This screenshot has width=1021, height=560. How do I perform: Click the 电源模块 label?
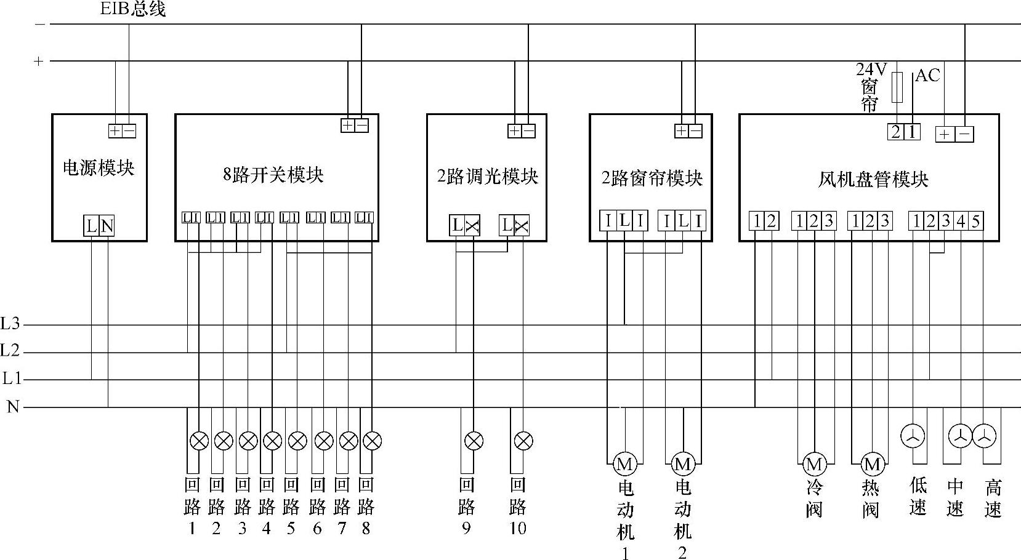point(99,168)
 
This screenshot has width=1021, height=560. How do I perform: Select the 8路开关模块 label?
point(273,175)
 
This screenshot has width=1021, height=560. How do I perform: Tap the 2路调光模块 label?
point(487,177)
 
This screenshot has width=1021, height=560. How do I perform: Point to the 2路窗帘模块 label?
point(652,178)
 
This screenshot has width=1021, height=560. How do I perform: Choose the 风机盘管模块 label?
point(873,180)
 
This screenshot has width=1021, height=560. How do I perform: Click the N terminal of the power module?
point(107,226)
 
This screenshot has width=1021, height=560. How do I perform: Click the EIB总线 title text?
point(132,9)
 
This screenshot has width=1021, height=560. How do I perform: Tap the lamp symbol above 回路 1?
point(199,441)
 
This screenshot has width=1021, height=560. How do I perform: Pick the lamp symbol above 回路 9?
point(474,441)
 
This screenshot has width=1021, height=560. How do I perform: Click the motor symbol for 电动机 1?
point(625,463)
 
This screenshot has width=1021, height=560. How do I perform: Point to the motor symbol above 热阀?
point(871,463)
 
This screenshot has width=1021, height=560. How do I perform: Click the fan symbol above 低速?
point(913,436)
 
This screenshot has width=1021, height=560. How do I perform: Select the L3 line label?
point(10,324)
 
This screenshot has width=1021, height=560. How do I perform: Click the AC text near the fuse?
point(927,76)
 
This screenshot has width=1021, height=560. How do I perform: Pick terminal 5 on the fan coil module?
point(975,221)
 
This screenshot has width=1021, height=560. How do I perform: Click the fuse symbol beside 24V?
point(898,87)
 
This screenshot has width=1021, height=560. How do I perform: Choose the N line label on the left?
point(12,407)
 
